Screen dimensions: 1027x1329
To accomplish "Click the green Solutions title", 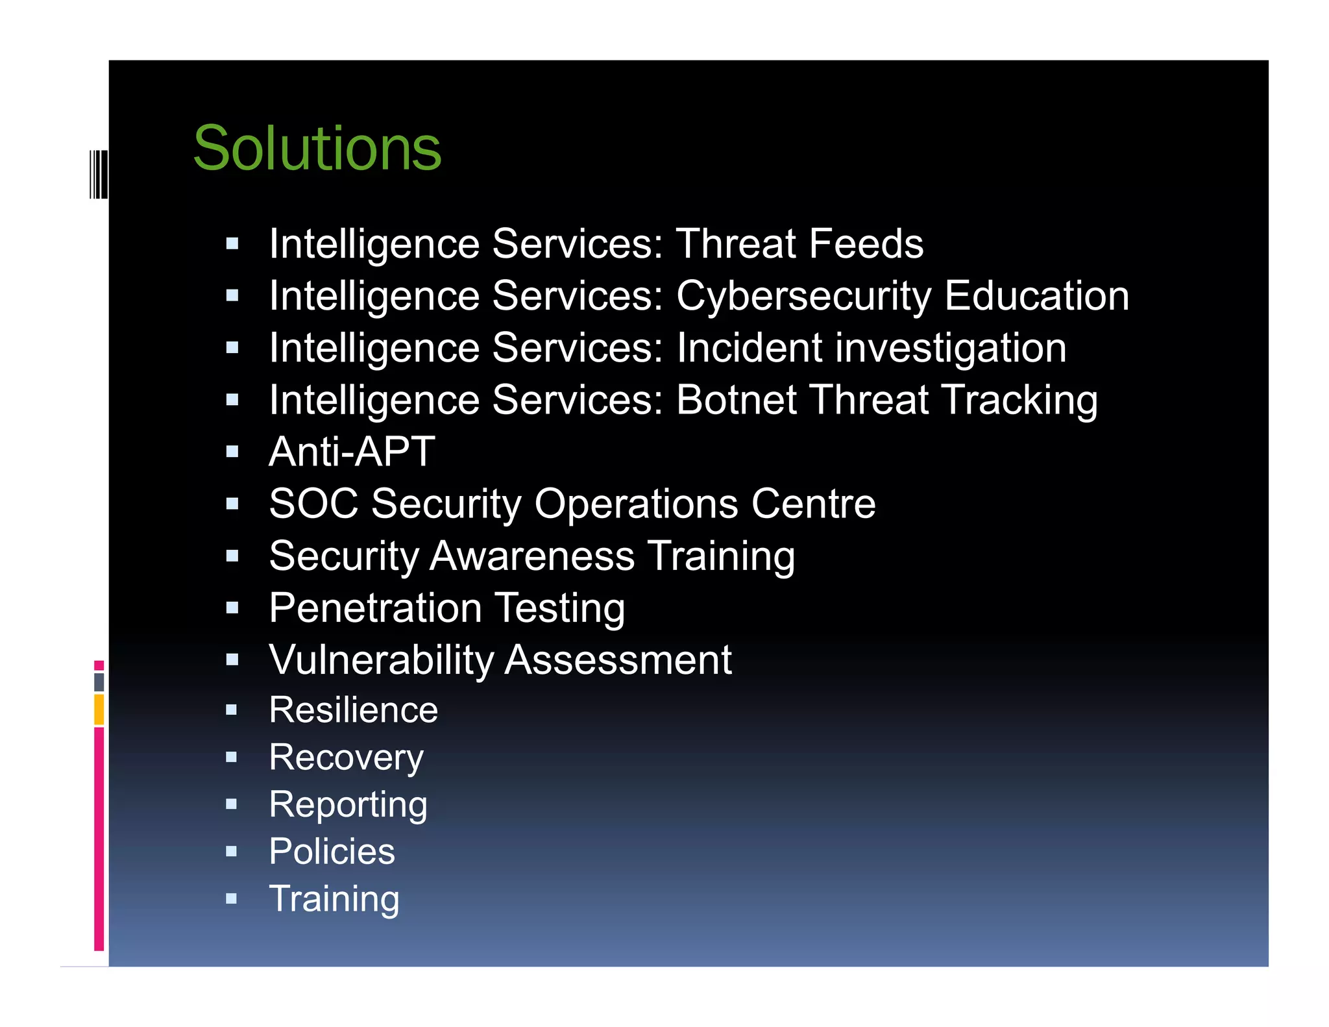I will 317,149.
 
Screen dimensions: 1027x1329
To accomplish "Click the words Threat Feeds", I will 799,243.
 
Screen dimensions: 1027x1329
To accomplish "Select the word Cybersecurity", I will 803,296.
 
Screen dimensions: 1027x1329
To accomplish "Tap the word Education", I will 1037,296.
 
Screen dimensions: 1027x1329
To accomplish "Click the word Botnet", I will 737,399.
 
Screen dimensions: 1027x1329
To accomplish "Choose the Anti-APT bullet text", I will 352,451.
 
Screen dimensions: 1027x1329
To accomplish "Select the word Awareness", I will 532,556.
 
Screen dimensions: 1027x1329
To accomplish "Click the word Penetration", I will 375,608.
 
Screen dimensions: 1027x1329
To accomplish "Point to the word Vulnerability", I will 382,660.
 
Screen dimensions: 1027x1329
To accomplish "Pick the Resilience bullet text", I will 354,710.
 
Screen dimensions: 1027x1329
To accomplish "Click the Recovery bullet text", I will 346,758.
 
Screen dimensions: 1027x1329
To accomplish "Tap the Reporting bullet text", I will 348,805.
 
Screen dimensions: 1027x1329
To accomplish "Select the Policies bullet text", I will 332,851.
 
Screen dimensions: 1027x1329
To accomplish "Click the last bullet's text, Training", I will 334,899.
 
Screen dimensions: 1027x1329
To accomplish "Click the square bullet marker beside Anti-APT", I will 232,452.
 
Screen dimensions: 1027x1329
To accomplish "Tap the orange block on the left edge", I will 99,710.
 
